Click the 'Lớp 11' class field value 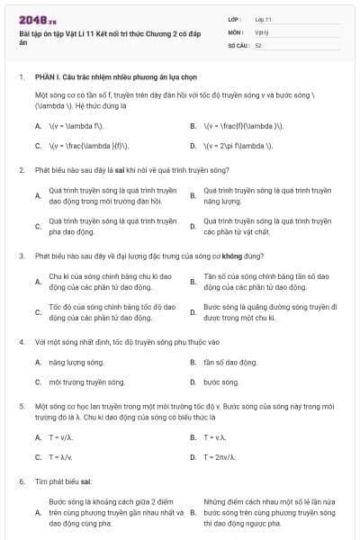264,18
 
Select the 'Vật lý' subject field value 261,31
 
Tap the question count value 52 258,44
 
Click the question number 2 21,169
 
